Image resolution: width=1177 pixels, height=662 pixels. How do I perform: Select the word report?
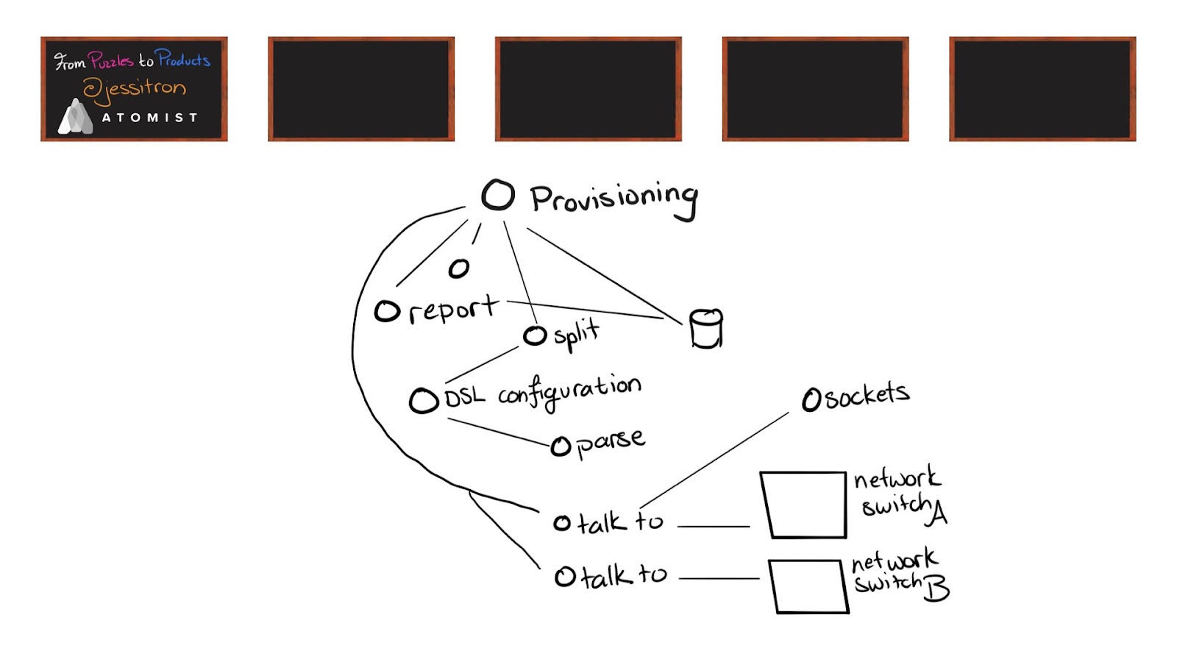(453, 310)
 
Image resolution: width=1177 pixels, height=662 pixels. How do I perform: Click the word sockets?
(867, 396)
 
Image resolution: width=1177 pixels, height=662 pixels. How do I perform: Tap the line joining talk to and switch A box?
(714, 526)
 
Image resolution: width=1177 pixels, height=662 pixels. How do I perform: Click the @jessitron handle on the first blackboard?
(135, 89)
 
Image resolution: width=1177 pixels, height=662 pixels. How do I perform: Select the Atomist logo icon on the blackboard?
(76, 117)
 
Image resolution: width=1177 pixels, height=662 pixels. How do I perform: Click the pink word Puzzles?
(110, 60)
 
